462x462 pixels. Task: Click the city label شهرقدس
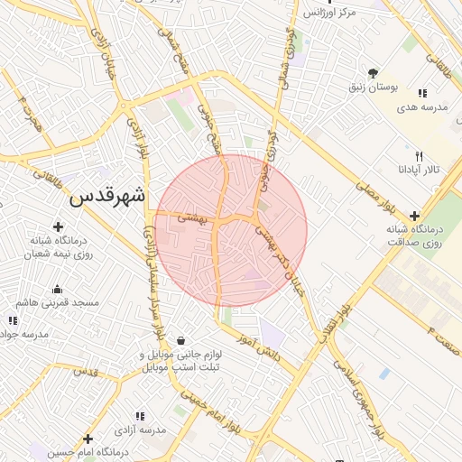(107, 196)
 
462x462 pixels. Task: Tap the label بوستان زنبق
(374, 89)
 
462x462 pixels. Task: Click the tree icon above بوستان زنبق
(374, 73)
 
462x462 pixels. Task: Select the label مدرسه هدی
(419, 107)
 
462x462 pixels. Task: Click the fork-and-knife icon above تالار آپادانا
(419, 155)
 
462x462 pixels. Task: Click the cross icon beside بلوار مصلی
(414, 216)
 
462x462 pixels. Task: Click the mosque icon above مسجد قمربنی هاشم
(58, 290)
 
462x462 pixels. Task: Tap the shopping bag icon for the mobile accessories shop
(182, 341)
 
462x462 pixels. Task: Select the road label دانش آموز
(260, 348)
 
